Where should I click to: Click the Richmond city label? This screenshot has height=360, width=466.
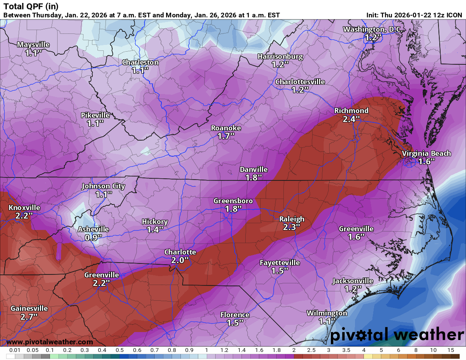click(351, 111)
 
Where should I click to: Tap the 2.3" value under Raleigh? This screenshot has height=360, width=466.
click(291, 227)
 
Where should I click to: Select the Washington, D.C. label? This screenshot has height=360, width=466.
click(373, 29)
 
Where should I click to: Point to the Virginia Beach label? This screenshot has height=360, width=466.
click(426, 153)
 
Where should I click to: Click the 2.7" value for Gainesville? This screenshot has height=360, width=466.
click(29, 316)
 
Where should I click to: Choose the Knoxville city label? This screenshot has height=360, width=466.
click(24, 208)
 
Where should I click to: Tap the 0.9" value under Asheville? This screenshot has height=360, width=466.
click(93, 237)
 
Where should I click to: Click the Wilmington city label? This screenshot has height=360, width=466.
click(327, 313)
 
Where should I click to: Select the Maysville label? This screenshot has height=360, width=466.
click(33, 44)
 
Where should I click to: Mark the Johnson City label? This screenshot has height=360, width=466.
click(103, 186)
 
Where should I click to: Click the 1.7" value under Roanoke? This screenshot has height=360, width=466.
click(226, 136)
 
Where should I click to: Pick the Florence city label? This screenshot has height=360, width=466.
click(235, 315)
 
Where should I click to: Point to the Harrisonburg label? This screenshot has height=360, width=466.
click(280, 56)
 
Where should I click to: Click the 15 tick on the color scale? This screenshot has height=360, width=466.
click(451, 350)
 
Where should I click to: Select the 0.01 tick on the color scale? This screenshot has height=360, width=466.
click(15, 350)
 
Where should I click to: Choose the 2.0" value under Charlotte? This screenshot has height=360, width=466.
click(180, 260)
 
